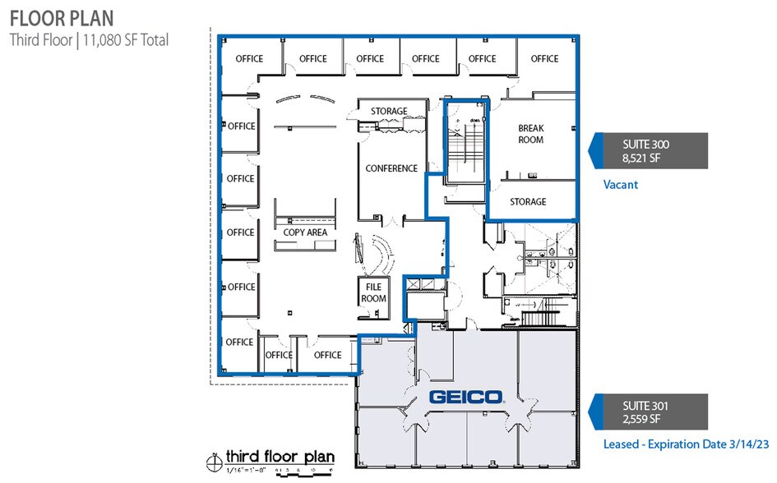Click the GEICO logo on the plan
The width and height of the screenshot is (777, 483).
point(466,398)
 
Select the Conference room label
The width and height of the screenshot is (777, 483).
point(391,168)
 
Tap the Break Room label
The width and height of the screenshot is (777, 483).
point(530,134)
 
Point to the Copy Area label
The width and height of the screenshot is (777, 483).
point(305,232)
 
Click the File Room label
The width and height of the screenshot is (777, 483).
point(373,293)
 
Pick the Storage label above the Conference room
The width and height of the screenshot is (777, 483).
point(389,112)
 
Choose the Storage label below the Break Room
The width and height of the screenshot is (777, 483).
point(528,202)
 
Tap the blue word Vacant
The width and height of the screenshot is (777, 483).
point(621,185)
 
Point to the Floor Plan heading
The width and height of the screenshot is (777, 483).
point(62,17)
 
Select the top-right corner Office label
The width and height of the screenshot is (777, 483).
point(544,58)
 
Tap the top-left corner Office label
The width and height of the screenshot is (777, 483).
point(249,58)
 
